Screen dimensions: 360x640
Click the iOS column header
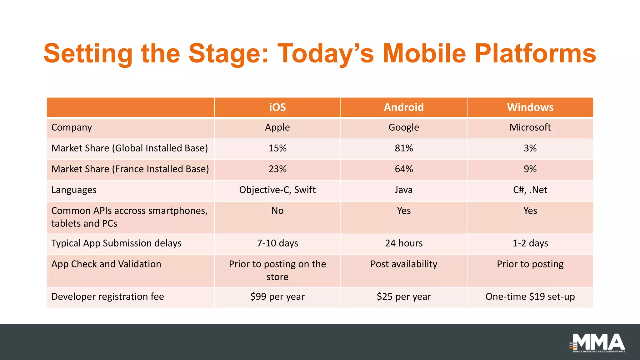(x=277, y=107)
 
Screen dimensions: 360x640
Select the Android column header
(x=404, y=107)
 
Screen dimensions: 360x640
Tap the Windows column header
(x=530, y=107)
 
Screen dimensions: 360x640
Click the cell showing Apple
(x=277, y=127)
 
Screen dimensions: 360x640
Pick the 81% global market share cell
(x=404, y=148)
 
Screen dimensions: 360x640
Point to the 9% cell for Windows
(x=530, y=169)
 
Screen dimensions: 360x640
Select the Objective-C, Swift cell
(x=277, y=190)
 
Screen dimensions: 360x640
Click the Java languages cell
(x=404, y=190)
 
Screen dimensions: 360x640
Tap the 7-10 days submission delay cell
(x=277, y=243)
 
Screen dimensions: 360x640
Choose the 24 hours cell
(x=404, y=243)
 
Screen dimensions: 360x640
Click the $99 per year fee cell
(x=277, y=297)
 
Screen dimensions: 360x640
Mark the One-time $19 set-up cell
(x=530, y=297)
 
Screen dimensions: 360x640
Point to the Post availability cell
(x=404, y=264)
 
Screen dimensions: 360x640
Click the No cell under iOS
(x=277, y=211)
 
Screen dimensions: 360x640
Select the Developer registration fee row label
(x=107, y=297)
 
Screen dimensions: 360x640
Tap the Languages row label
(x=74, y=190)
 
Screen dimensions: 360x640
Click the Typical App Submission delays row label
(x=116, y=243)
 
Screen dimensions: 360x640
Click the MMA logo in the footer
(x=597, y=343)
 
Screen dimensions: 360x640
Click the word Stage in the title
(x=228, y=54)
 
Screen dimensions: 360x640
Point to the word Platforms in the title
(x=535, y=54)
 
